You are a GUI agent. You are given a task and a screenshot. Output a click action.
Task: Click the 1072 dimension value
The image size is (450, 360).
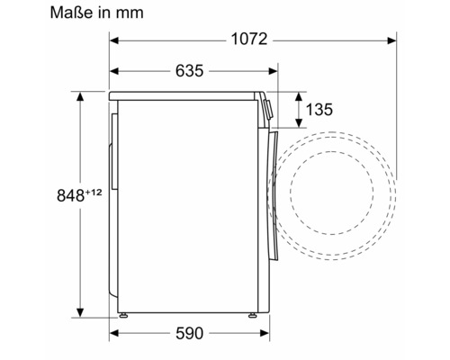[249, 40]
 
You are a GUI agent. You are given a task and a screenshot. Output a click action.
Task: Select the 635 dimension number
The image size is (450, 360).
[189, 71]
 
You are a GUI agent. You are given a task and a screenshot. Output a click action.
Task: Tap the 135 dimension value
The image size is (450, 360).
[319, 110]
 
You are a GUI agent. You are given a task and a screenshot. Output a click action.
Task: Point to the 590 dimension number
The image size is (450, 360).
[189, 333]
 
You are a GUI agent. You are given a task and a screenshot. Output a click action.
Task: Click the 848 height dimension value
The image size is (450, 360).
[70, 195]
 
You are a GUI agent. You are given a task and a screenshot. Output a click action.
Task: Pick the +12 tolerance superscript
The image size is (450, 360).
[94, 192]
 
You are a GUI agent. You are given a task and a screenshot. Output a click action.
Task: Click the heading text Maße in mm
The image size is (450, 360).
[96, 13]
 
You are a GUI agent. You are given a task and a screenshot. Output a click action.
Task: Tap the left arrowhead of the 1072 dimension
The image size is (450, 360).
[114, 40]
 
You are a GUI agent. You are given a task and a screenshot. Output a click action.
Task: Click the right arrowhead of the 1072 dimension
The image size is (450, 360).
[391, 40]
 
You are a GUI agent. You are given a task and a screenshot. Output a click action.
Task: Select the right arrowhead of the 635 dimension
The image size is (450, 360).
[274, 71]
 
